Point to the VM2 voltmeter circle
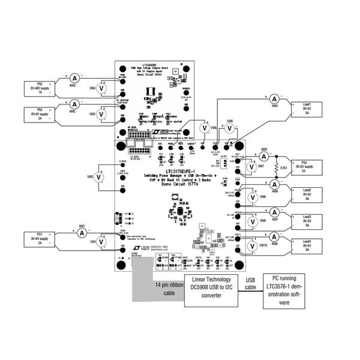(x=101, y=177)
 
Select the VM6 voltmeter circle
(x=230, y=127)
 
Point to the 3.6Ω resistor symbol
(x=277, y=167)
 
